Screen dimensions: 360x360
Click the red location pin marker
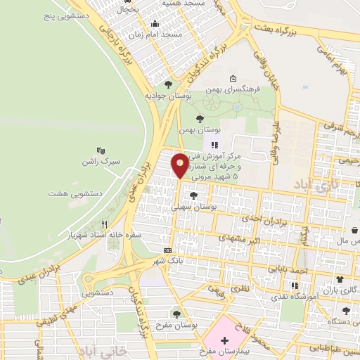[180, 165]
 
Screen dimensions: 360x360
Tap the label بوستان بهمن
[200, 131]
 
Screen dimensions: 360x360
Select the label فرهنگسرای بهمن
[234, 90]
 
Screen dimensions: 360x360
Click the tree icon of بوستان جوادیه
[167, 84]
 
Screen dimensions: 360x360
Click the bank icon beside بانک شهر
[167, 250]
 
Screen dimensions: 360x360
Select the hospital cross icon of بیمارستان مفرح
[224, 340]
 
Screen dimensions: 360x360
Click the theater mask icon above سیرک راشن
[100, 150]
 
